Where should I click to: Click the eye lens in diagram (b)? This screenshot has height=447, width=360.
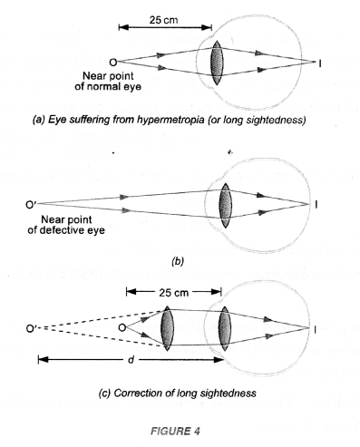(225, 201)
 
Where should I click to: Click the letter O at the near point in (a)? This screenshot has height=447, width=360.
(112, 62)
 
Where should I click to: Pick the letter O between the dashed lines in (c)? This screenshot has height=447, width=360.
(134, 327)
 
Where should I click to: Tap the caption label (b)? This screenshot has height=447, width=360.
(178, 261)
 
